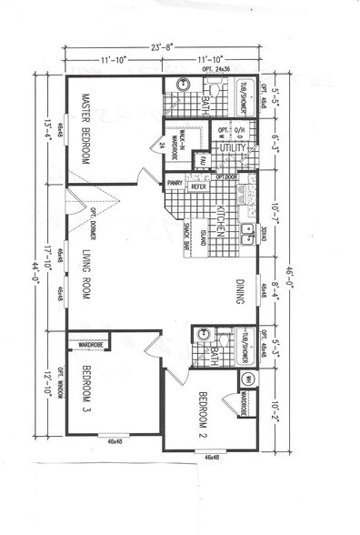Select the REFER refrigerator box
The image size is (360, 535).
199,182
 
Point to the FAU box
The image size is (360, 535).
202,161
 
